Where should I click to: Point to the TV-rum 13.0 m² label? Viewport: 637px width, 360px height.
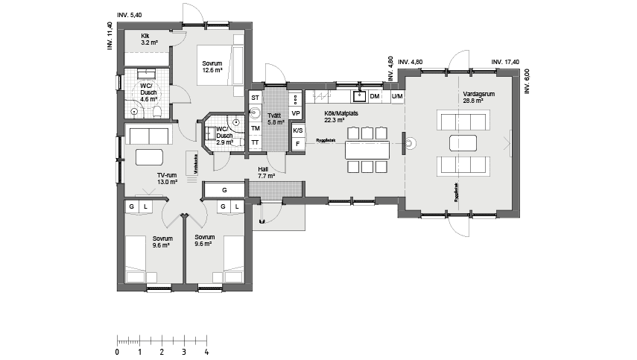166,177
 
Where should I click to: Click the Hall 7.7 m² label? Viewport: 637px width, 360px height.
266,173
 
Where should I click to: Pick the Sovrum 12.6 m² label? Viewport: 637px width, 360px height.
212,67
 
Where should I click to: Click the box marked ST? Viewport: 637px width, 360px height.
255,98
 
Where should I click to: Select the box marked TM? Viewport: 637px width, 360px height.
255,128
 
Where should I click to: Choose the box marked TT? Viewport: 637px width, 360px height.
255,142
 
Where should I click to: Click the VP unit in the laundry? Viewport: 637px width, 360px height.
296,113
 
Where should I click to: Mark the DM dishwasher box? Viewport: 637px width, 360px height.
375,97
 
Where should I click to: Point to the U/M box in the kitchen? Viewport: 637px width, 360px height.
396,97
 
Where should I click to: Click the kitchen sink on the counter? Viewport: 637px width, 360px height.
359,95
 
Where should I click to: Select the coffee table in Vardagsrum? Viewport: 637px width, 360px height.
463,142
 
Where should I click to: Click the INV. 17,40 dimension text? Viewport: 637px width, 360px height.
504,62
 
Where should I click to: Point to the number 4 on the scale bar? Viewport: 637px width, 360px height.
206,352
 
